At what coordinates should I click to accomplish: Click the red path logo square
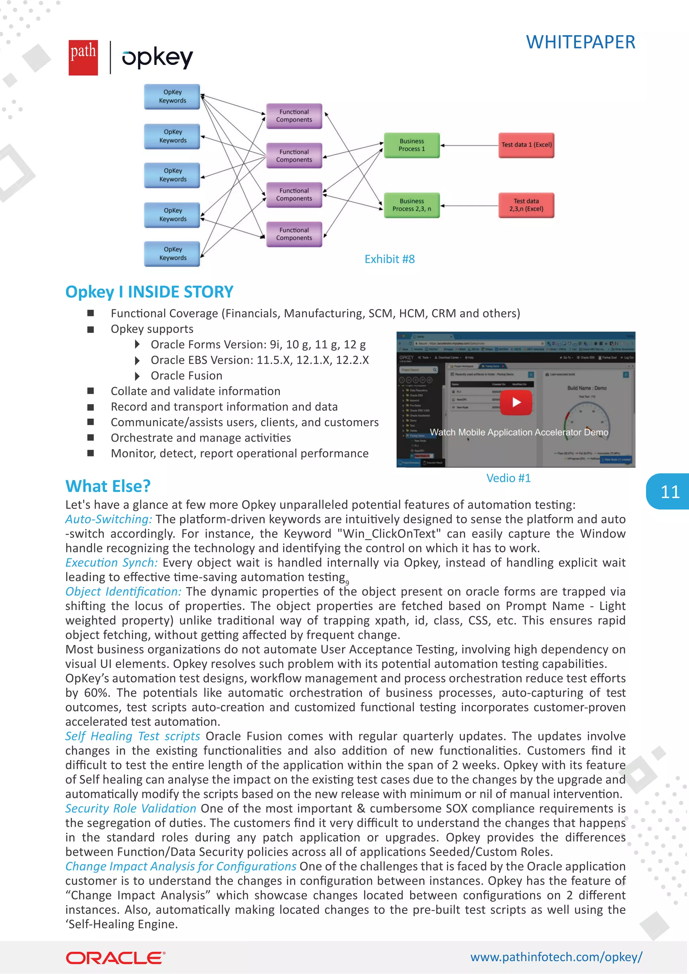(83, 58)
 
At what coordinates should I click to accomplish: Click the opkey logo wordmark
(157, 58)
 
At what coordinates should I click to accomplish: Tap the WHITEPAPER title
(580, 42)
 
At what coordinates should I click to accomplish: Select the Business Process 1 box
(411, 145)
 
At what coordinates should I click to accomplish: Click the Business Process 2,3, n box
(411, 205)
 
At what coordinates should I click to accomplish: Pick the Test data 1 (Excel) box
(526, 145)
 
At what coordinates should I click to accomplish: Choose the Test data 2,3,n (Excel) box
(526, 205)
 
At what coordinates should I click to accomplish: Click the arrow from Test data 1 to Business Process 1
(469, 146)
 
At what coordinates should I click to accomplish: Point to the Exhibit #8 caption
(390, 259)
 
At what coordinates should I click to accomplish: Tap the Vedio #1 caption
(508, 478)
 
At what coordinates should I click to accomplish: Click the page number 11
(670, 492)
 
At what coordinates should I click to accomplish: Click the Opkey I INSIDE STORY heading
(149, 292)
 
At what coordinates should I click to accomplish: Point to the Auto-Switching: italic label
(109, 519)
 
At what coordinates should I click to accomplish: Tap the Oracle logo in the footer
(115, 958)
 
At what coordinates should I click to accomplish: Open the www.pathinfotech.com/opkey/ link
(556, 957)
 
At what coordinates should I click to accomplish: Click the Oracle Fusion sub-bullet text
(186, 376)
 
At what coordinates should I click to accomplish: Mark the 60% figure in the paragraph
(96, 693)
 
